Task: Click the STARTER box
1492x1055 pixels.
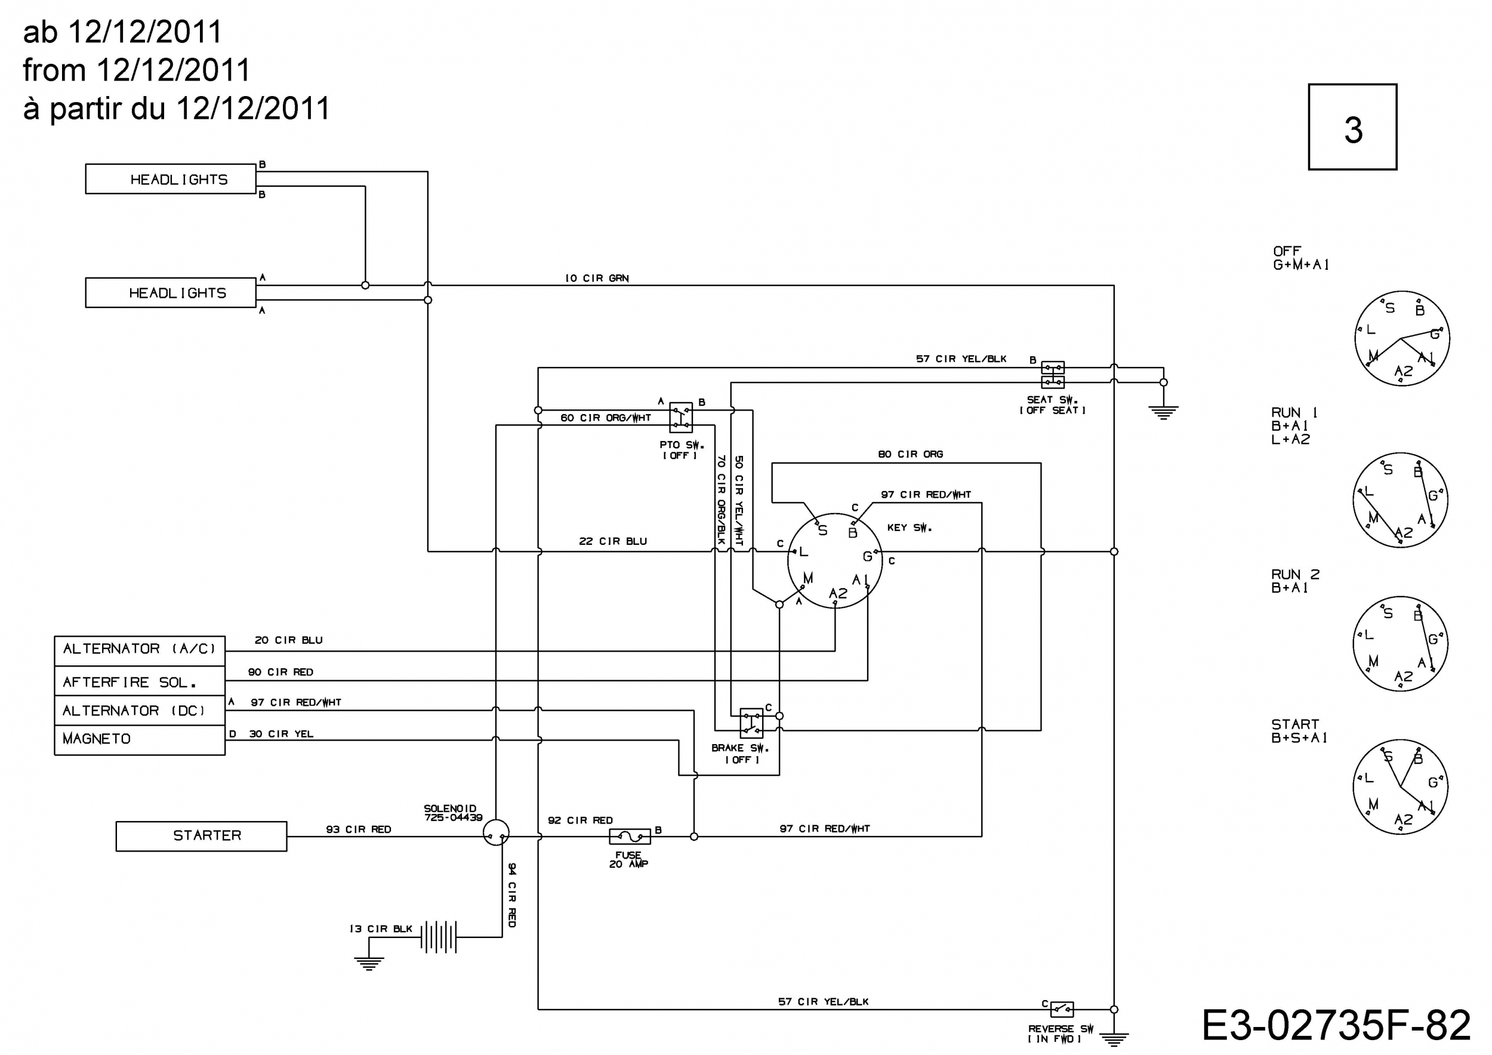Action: [x=202, y=836]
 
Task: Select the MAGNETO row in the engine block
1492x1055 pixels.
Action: [x=140, y=740]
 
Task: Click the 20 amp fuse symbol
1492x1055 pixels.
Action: [x=630, y=837]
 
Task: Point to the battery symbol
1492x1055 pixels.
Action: [x=439, y=937]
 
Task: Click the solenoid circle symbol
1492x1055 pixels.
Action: [x=497, y=832]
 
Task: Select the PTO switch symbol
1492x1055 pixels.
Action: [x=681, y=417]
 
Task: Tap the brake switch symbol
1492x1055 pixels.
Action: [x=752, y=723]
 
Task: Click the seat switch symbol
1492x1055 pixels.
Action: [x=1053, y=375]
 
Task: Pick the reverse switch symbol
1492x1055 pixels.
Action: [x=1062, y=1009]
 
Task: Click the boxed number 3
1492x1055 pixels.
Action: [x=1353, y=127]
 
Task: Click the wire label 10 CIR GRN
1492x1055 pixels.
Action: [x=597, y=278]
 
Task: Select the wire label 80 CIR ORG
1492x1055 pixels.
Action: [x=910, y=454]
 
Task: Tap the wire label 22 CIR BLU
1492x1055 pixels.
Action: [x=613, y=541]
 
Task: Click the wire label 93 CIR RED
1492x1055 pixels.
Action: [x=359, y=829]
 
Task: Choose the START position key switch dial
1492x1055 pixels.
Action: [x=1400, y=786]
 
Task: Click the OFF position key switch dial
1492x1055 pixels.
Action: [x=1402, y=338]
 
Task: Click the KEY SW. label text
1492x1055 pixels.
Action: [x=910, y=527]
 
